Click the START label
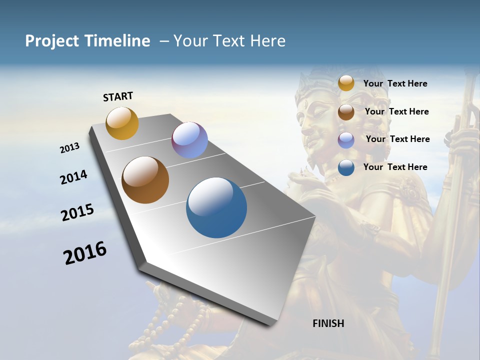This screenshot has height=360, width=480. tap(118, 96)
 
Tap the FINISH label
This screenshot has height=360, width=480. tap(328, 323)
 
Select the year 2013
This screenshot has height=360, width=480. tap(69, 148)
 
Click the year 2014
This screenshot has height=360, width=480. tap(73, 177)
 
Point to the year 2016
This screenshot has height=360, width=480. tap(85, 253)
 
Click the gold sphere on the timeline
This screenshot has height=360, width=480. tap(122, 123)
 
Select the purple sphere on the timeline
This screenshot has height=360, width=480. tap(189, 140)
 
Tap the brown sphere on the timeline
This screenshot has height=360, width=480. tap(145, 180)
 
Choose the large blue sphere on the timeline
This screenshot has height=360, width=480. tap(216, 207)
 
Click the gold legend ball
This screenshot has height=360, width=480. tap(346, 83)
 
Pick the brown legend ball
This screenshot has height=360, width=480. tap(346, 112)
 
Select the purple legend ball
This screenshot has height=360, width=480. tap(346, 140)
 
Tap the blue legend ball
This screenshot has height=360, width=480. tap(346, 167)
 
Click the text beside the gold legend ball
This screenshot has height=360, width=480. tap(395, 83)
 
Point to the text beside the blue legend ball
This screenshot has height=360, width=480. tap(395, 167)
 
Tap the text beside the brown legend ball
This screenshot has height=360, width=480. tap(396, 111)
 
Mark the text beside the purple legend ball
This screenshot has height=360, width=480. tap(397, 139)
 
